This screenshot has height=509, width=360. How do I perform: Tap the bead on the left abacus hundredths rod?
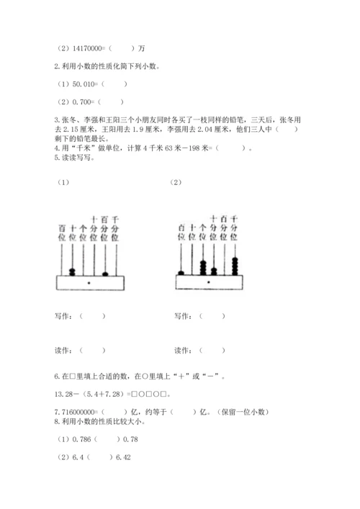[105, 272]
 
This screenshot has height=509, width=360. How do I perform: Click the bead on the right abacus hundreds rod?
[181, 272]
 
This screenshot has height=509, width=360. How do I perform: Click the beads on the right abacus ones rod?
[202, 267]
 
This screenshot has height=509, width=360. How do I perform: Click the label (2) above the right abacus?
[176, 182]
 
